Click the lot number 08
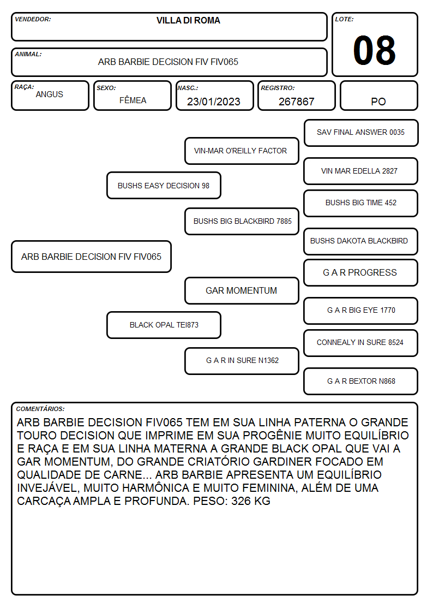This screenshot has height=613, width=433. click(x=374, y=50)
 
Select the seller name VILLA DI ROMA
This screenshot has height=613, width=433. click(x=188, y=20)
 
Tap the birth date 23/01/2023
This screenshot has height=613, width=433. click(x=214, y=102)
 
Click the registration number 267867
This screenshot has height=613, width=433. click(x=296, y=102)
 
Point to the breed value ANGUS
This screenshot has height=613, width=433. click(x=49, y=94)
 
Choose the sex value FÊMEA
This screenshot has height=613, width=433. click(x=133, y=100)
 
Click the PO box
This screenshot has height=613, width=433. click(x=378, y=96)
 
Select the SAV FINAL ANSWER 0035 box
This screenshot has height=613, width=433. click(x=361, y=133)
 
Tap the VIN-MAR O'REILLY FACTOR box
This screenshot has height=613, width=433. click(x=242, y=151)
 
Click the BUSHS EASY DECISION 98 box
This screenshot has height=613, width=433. click(x=164, y=185)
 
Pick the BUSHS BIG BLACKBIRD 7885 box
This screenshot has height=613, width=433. click(x=242, y=221)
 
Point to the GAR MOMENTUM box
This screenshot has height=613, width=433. click(x=242, y=290)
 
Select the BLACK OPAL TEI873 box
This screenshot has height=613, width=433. click(x=164, y=325)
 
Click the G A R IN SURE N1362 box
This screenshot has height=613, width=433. click(x=242, y=361)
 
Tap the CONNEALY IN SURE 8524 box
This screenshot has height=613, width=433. click(x=361, y=343)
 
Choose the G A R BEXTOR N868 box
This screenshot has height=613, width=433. click(x=361, y=381)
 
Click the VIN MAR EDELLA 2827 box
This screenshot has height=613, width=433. click(x=361, y=171)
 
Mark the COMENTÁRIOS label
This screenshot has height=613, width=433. click(x=40, y=409)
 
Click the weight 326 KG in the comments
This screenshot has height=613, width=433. click(x=251, y=501)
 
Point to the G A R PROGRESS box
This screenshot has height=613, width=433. click(x=361, y=272)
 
